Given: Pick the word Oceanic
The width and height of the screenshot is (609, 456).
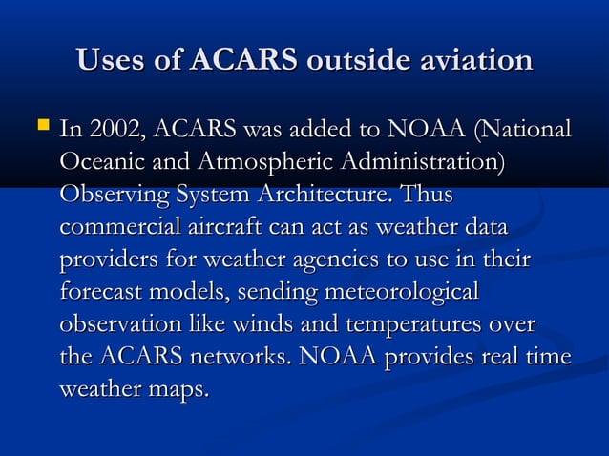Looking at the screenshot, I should [100, 161].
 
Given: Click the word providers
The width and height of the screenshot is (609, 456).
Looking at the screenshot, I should [106, 259].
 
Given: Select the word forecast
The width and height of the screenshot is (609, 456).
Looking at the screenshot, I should [100, 292].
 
